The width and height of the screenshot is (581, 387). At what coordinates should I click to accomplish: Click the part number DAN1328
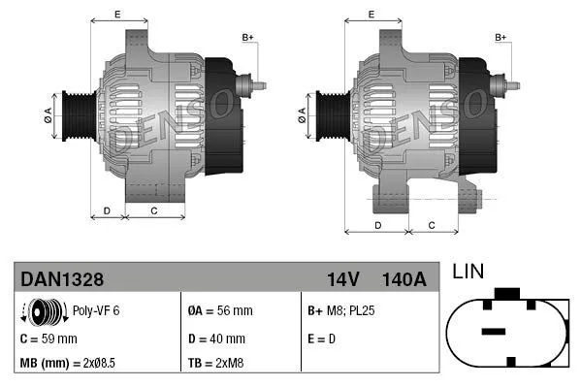tap(62, 279)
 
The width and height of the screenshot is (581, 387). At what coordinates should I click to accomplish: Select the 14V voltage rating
tap(342, 279)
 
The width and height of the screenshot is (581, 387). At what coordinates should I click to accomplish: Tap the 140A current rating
tap(404, 279)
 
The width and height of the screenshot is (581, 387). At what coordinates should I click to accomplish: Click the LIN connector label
tap(468, 273)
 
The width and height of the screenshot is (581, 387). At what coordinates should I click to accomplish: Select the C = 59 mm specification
tap(48, 339)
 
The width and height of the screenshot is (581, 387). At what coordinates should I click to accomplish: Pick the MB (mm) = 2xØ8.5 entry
tap(67, 364)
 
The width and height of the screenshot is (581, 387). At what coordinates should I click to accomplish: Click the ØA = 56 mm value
tap(219, 312)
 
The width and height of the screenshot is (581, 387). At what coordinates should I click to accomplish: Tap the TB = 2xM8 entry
tap(214, 364)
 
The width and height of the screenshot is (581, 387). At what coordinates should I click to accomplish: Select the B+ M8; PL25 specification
tap(342, 312)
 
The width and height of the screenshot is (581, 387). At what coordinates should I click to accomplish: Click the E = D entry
tap(323, 339)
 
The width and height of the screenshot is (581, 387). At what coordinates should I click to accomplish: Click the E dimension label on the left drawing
tap(117, 14)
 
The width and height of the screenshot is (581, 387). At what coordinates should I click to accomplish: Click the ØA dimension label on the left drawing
tap(48, 115)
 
